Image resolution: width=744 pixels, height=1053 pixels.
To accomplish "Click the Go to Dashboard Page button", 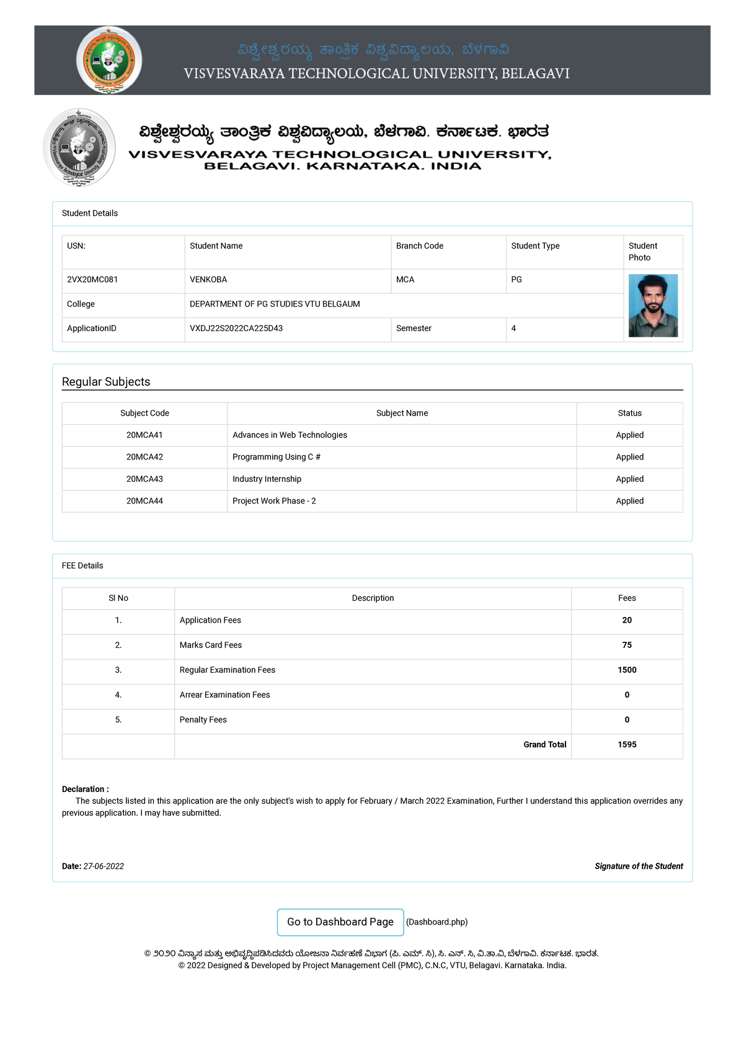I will [x=340, y=922].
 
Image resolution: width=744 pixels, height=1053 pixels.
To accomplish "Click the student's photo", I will [x=653, y=306].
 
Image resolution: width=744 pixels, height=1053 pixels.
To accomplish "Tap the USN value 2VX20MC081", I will [x=92, y=280].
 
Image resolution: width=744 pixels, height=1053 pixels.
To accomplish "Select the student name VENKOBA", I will [x=208, y=280].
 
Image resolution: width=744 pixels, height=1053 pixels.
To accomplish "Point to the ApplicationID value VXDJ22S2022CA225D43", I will [x=236, y=329].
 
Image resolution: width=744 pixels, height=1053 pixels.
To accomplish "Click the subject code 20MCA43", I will [x=144, y=479].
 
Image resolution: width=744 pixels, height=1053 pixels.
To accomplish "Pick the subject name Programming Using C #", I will [x=277, y=457].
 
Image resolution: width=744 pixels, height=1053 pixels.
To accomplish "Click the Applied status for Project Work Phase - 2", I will [x=629, y=501].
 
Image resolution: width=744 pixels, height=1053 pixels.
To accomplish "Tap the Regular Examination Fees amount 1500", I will [x=627, y=670].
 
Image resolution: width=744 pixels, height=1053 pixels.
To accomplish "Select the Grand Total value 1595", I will [x=627, y=745].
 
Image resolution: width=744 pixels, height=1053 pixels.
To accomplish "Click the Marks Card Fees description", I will [x=211, y=646].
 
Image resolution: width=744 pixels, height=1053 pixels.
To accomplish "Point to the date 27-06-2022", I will [x=104, y=866].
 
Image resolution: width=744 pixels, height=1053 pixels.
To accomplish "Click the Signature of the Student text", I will [x=639, y=866].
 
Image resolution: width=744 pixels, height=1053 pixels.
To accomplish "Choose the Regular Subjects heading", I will [x=106, y=382].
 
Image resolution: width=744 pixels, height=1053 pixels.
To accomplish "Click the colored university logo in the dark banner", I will [x=109, y=60].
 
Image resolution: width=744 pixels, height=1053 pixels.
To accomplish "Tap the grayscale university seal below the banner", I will [x=79, y=148].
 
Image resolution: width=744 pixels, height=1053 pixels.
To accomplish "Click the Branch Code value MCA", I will [x=405, y=280].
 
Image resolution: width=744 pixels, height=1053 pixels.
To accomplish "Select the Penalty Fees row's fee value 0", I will [x=627, y=720].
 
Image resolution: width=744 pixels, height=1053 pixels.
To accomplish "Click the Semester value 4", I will [x=513, y=329].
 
